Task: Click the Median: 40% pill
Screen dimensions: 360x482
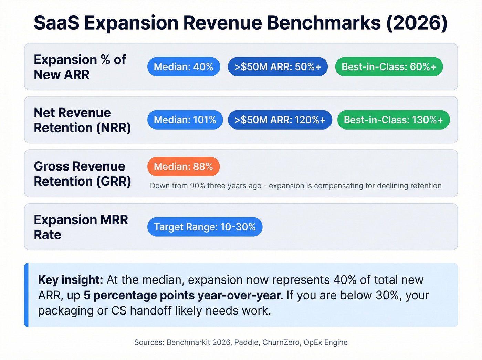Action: [184, 67]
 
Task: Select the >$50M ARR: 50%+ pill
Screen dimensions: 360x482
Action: [277, 67]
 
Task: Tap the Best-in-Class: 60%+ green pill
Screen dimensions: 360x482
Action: [389, 67]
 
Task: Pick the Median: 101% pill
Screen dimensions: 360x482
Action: [185, 120]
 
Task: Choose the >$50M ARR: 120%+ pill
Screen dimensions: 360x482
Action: [280, 120]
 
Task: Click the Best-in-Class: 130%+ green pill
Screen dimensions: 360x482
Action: [393, 120]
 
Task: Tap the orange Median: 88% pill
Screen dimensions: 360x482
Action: [183, 167]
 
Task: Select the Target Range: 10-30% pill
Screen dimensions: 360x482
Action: [205, 227]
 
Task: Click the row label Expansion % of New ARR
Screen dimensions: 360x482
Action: [80, 67]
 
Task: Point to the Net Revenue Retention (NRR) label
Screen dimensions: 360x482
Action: [82, 120]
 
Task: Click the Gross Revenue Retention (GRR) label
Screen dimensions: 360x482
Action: [82, 174]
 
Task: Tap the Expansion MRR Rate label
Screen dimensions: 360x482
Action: [81, 227]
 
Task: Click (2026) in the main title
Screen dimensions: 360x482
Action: [417, 23]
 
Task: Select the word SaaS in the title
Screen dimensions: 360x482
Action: [56, 23]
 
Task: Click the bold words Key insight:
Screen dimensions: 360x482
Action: [70, 280]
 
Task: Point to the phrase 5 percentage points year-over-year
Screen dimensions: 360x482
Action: [183, 295]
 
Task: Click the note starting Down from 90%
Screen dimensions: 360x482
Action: [295, 186]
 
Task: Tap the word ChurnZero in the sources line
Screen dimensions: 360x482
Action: [281, 342]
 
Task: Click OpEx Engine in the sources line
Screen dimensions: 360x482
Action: [325, 342]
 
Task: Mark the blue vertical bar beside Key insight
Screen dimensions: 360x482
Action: [26, 295]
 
